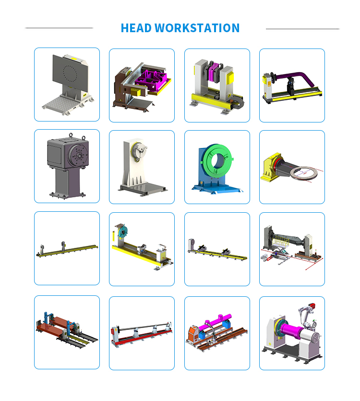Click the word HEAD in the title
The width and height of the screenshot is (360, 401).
pos(136,28)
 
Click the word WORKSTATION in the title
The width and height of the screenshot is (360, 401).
pos(197,28)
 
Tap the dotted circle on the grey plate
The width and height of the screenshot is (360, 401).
pos(70,73)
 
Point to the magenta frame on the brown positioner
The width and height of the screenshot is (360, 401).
pos(151,78)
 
